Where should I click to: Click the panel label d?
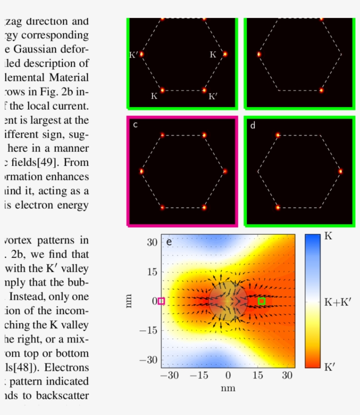tap(252, 126)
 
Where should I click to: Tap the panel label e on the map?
tap(169, 241)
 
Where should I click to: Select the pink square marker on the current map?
tap(161, 301)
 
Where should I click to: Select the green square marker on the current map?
tap(262, 301)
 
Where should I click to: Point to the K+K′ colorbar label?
tap(338, 302)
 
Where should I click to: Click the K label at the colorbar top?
tap(328, 236)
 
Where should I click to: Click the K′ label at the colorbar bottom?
tap(329, 367)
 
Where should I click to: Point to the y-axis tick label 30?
tap(152, 243)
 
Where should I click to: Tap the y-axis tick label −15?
tap(149, 331)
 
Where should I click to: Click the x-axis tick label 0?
tap(228, 376)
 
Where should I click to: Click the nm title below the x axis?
tap(228, 388)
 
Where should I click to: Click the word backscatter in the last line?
tap(62, 396)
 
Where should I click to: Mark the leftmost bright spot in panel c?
tap(142, 171)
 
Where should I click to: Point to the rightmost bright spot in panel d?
tap(340, 171)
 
